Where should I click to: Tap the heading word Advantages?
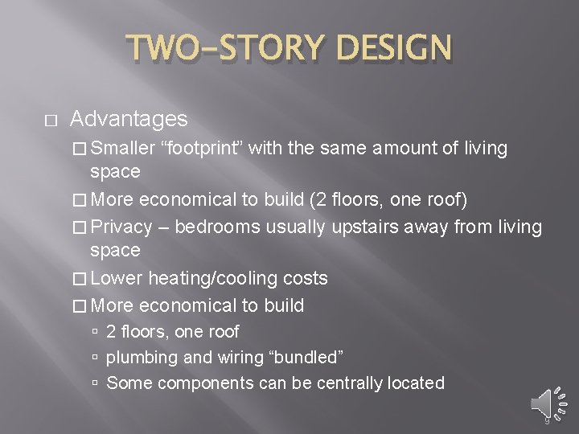(x=129, y=120)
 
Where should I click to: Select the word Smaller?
(x=122, y=148)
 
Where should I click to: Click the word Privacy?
(x=121, y=227)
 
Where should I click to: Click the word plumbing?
(x=139, y=357)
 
